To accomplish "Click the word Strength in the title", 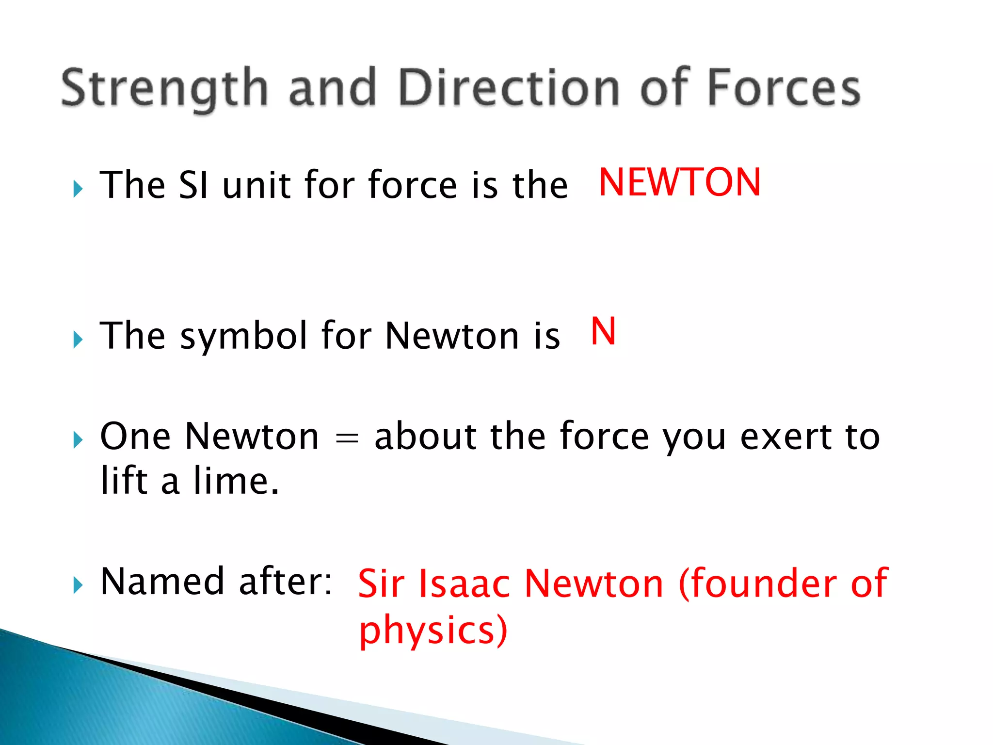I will (x=164, y=89).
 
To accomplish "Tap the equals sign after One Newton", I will (x=347, y=437).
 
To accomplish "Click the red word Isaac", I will (x=464, y=583).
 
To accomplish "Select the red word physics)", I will (x=433, y=630).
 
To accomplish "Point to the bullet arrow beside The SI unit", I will (x=78, y=189).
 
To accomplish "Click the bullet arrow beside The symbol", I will (x=78, y=340).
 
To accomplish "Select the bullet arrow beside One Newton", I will (x=78, y=440).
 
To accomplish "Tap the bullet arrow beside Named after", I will (x=78, y=585).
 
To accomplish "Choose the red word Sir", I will (x=381, y=583).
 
